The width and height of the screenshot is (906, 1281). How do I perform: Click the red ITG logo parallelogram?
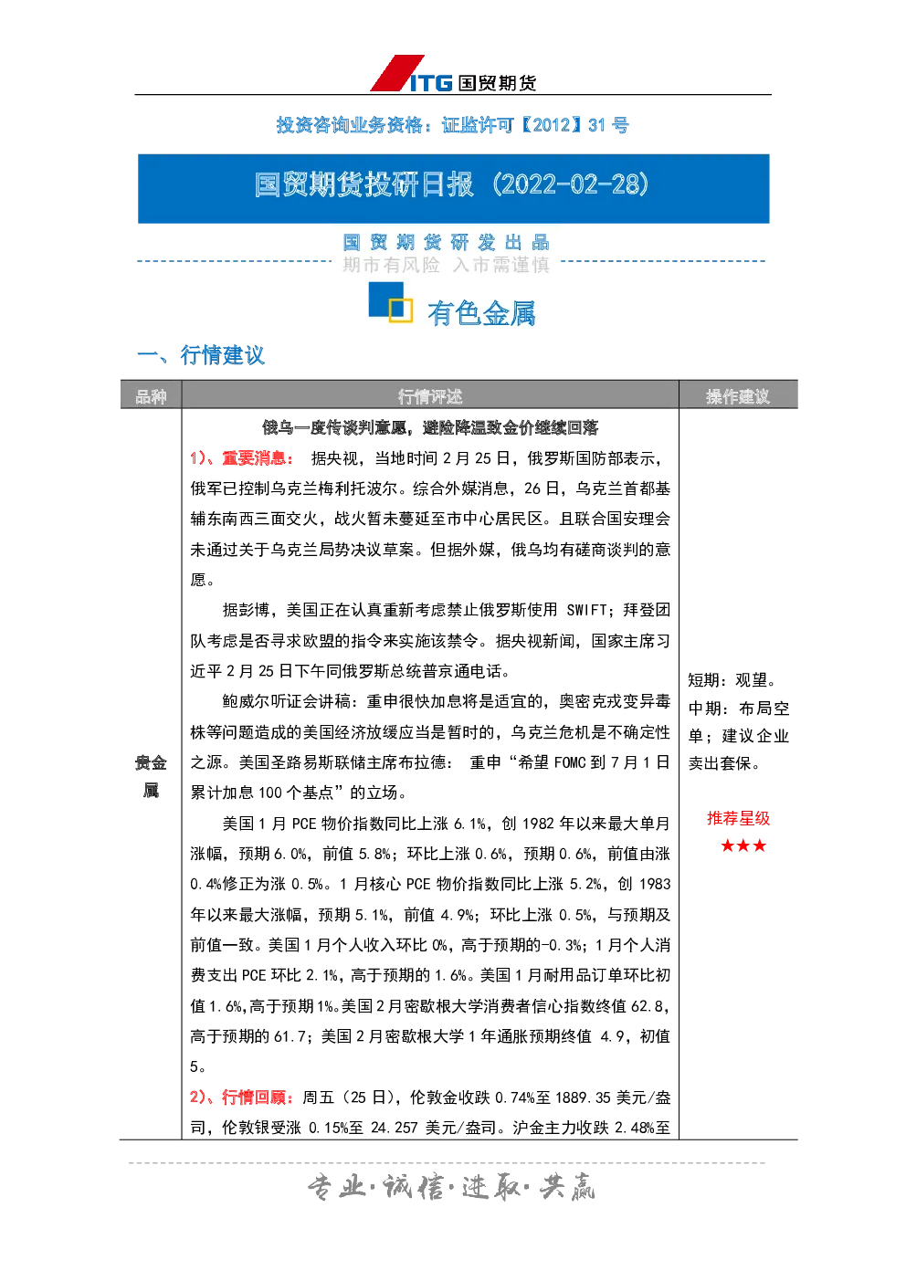(397, 73)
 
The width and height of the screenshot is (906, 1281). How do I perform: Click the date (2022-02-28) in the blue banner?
(570, 184)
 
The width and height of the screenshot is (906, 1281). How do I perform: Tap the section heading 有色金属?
(481, 313)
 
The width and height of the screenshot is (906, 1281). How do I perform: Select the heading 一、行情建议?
(201, 355)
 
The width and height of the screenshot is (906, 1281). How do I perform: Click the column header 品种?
(151, 395)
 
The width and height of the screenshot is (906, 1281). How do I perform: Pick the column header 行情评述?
(430, 395)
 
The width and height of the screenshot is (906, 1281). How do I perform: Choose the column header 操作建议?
(738, 395)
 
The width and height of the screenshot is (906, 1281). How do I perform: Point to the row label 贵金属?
(151, 776)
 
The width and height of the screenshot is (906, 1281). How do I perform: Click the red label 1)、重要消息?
(241, 458)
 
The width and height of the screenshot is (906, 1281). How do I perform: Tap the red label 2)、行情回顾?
(241, 1097)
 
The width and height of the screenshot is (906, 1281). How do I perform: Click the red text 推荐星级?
(739, 818)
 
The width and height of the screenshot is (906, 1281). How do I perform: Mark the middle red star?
(743, 845)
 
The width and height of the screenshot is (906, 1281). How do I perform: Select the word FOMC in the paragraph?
(570, 762)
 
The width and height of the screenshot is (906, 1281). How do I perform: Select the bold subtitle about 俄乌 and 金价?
(430, 427)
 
